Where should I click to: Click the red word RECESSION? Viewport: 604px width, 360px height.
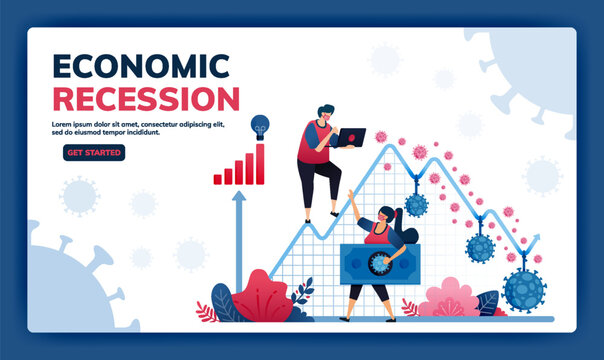click(x=145, y=99)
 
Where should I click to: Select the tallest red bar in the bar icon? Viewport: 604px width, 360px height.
click(x=261, y=164)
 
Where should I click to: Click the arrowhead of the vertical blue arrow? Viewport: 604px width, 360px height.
click(x=239, y=198)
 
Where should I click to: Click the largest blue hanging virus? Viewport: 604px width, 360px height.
click(x=524, y=290)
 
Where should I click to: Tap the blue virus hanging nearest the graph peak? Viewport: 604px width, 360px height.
click(x=415, y=204)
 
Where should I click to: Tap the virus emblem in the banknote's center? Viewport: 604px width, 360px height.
click(x=380, y=263)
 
